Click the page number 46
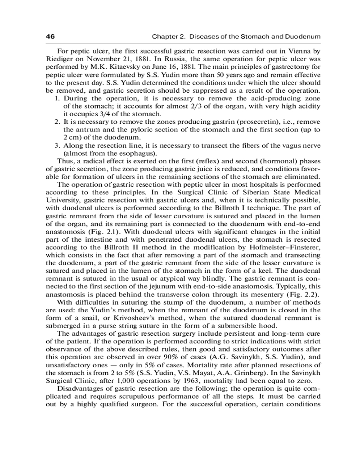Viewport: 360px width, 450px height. coord(50,36)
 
